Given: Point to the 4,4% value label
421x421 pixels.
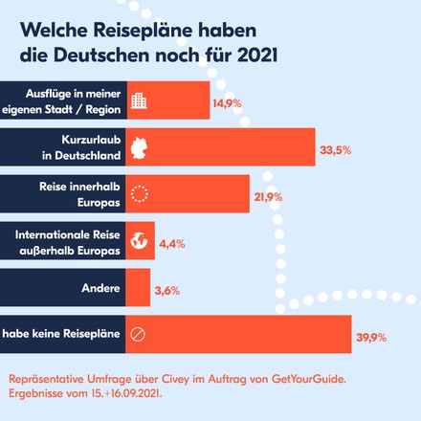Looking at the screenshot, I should coord(172,243).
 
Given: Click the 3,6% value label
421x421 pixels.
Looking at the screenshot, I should coord(166,289).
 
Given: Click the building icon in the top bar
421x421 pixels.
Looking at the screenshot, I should coord(139,100).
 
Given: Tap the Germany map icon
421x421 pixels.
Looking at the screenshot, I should coord(139,147).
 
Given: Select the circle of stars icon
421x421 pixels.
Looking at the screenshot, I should coord(139,194).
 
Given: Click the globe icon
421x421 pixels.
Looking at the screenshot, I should coord(139,241).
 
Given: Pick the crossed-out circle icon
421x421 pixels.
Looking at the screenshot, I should coord(137,335).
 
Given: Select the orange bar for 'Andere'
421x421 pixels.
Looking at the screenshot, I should coord(138,288).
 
